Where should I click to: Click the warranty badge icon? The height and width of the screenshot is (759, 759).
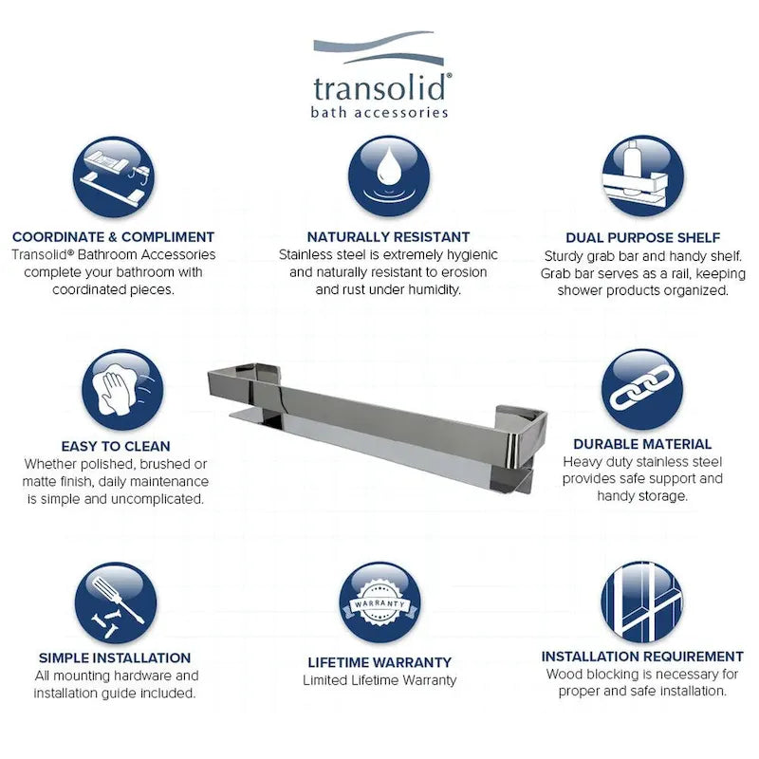379,602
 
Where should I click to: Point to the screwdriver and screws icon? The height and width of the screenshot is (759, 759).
116,603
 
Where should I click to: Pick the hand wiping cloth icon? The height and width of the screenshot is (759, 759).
122,390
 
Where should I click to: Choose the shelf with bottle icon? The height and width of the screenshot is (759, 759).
643,176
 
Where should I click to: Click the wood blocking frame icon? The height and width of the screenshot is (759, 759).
642,602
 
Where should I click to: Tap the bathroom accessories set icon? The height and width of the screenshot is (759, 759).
114,177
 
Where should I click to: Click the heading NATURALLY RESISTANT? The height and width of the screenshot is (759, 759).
388,236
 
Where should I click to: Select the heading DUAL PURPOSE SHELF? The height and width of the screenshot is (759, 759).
643,238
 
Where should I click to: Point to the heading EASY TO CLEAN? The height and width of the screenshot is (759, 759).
116,446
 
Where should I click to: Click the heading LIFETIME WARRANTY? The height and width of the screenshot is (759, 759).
379,661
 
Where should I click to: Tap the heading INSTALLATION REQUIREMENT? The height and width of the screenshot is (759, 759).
642,657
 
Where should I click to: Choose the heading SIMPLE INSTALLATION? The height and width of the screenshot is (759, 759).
115,657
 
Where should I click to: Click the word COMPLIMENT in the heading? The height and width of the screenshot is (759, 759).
168,236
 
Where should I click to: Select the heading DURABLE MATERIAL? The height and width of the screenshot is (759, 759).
642,444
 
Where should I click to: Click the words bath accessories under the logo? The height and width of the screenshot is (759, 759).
379,112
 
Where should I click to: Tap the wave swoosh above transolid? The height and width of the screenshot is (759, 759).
379,48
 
